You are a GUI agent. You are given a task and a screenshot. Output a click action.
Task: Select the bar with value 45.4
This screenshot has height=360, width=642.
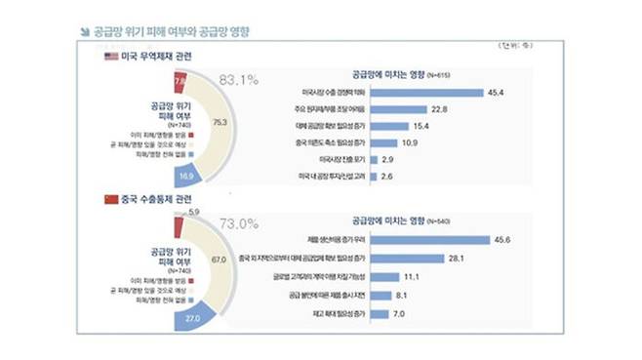(x=430, y=93)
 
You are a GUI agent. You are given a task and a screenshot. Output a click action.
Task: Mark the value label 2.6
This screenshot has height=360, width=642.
(x=389, y=176)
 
